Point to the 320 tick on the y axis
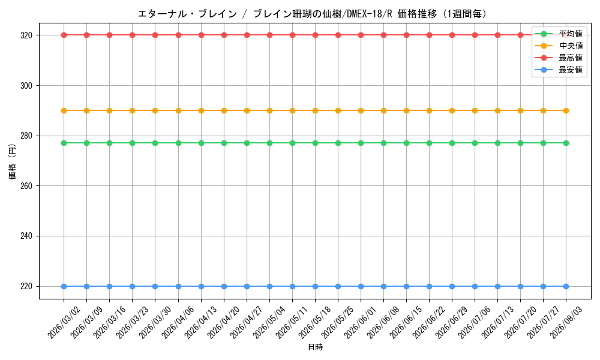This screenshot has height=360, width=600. click(x=26, y=35)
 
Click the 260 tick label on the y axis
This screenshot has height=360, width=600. click(x=26, y=186)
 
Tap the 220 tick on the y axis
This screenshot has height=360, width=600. click(x=26, y=287)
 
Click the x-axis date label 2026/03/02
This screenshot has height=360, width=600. click(x=64, y=322)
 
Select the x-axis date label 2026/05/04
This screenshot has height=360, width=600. click(x=270, y=322)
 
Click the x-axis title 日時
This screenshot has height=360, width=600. click(x=316, y=347)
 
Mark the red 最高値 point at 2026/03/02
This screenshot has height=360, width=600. click(x=64, y=35)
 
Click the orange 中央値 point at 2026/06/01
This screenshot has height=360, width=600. click(x=361, y=111)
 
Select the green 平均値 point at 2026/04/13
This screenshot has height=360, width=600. click(x=201, y=143)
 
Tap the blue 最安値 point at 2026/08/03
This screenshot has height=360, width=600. click(x=566, y=287)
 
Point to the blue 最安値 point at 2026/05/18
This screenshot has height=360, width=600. click(x=316, y=287)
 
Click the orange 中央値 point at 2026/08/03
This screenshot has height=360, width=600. click(x=566, y=111)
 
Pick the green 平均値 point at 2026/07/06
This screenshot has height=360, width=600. click(x=475, y=143)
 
